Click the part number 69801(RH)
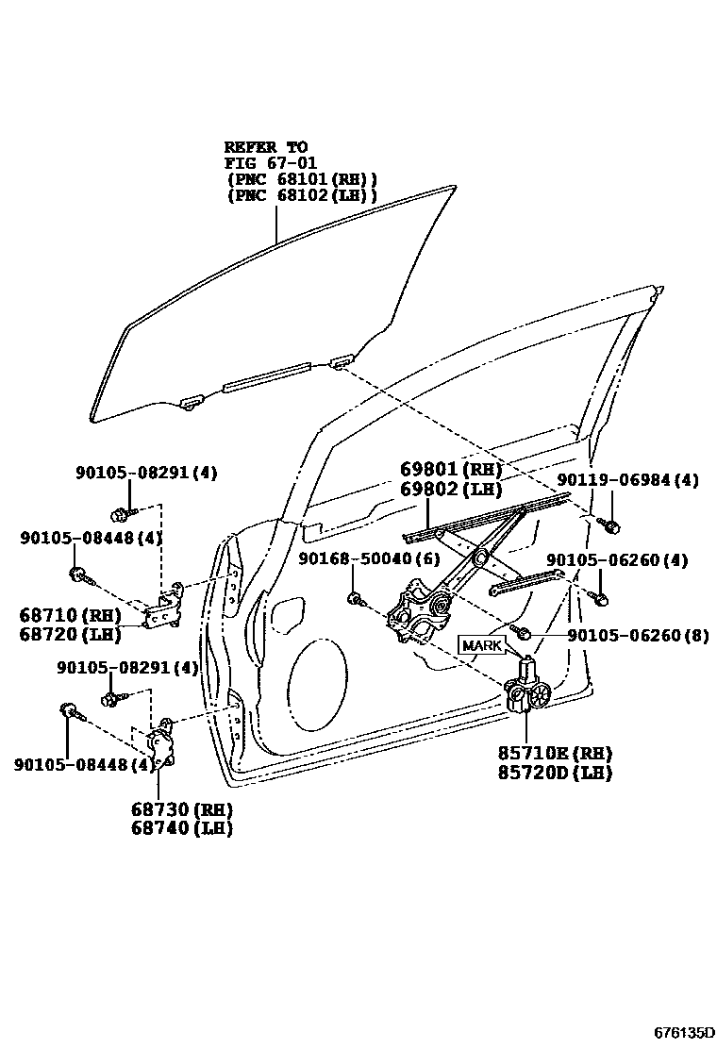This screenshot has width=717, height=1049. [450, 470]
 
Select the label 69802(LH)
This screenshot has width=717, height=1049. [450, 489]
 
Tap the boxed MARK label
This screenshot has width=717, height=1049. [482, 644]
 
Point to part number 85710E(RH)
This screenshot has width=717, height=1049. [555, 753]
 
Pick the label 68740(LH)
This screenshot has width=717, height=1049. [183, 828]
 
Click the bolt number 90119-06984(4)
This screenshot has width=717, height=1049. [627, 480]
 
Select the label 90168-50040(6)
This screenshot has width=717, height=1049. [369, 559]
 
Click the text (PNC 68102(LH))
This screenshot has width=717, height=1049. [301, 196]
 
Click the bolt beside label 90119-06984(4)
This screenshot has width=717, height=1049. [609, 524]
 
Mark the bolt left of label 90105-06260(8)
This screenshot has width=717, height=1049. [522, 629]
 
